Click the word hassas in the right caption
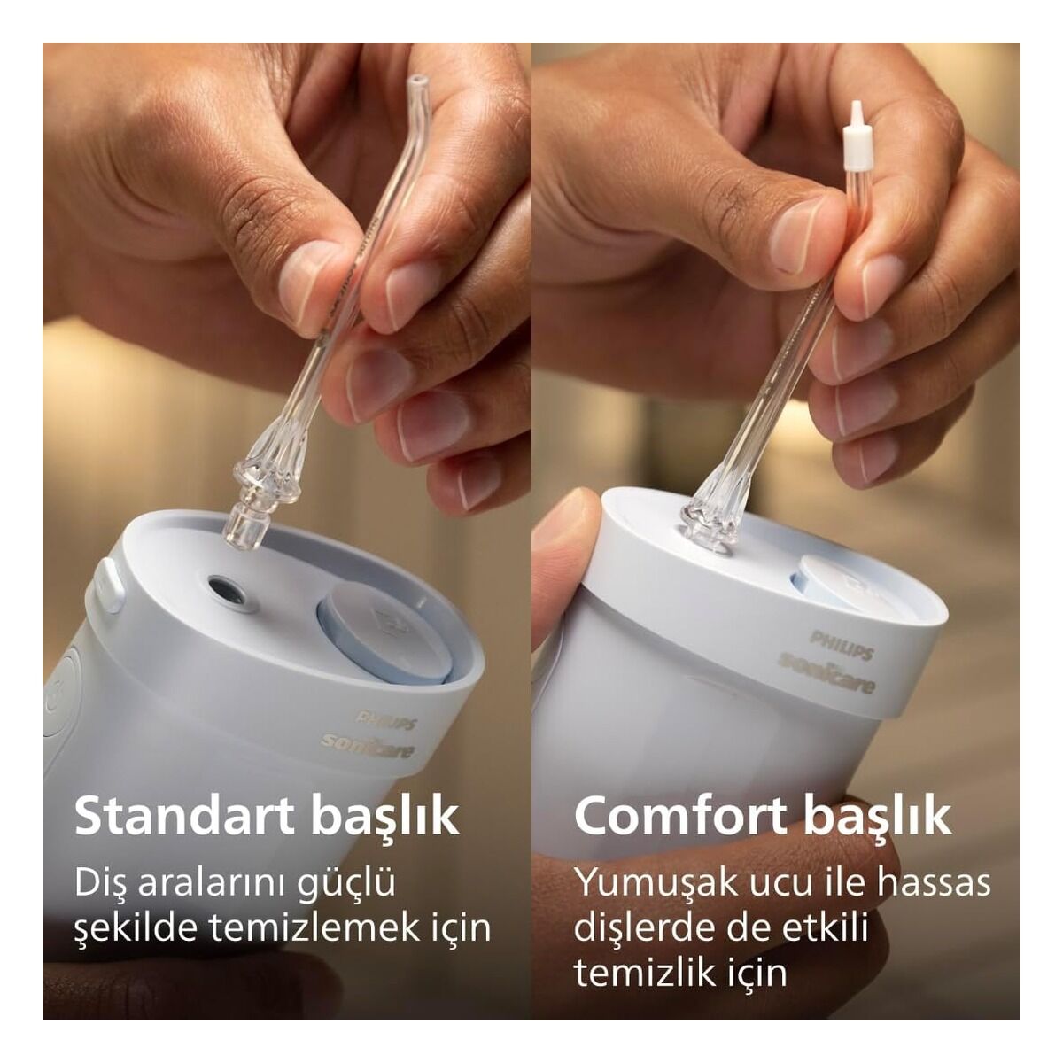tap(934, 882)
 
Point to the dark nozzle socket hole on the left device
tap(228, 592)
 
